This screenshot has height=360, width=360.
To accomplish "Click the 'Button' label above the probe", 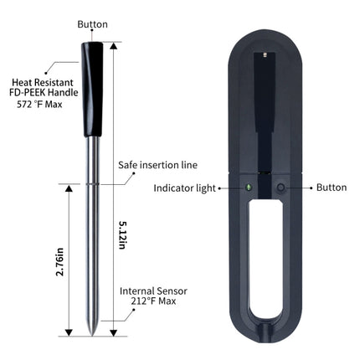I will [x=92, y=25].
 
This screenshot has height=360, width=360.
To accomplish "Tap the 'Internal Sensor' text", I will [x=153, y=291].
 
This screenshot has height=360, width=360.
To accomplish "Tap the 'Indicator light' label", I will [x=185, y=188].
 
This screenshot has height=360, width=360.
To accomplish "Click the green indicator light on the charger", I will [x=249, y=187].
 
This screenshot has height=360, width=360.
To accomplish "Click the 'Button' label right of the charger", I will [x=331, y=188].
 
